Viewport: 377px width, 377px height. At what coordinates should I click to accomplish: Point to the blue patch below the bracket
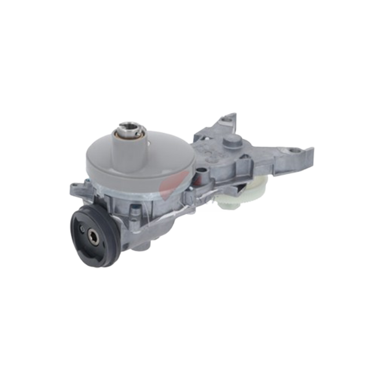click(x=212, y=208)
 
